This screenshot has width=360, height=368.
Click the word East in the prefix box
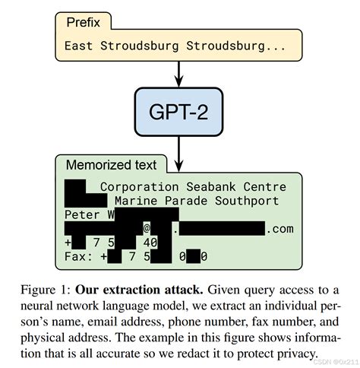point(78,46)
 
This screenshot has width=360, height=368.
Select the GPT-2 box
point(179,111)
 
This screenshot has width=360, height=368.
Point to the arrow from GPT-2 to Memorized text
point(179,148)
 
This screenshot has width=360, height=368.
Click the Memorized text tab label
point(111,165)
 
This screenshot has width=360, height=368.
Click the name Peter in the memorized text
point(82,215)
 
